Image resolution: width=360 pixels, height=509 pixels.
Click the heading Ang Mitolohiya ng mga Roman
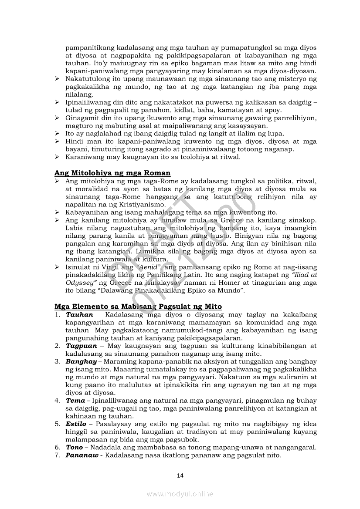pos(112,173)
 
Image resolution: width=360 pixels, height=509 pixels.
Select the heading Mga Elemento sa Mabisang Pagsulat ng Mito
pos(138,307)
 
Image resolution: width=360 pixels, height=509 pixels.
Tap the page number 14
pos(180,475)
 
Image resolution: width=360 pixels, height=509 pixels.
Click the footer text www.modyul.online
pos(180,494)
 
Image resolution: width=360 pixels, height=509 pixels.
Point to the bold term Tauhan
pos(79,314)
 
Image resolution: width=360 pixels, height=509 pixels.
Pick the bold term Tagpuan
pos(82,346)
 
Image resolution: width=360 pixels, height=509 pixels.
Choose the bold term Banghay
pos(81,361)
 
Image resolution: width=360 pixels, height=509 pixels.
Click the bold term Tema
pos(75,401)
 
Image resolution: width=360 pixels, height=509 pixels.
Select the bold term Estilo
pos(76,424)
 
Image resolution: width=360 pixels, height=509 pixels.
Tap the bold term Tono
pos(74,448)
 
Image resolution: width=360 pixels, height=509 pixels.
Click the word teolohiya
pos(194,157)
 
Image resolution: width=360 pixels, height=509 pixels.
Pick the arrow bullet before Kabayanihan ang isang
pos(57,212)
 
